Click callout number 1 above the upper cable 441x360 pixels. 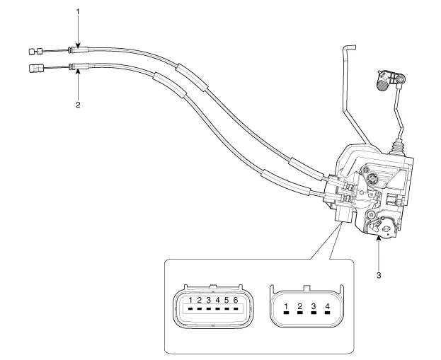coord(78,12)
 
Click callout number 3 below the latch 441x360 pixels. coord(379,275)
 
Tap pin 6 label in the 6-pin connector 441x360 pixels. coord(235,301)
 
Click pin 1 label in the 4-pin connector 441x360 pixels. coord(286,306)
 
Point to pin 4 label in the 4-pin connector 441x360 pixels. coord(326,306)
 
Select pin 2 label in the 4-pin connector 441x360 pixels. coord(299,306)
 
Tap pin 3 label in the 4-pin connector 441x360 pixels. coord(313,306)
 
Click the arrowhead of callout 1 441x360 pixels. coord(78,46)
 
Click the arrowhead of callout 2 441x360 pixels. coord(78,71)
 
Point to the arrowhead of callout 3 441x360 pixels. coord(379,240)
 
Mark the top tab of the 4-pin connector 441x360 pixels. coord(306,288)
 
